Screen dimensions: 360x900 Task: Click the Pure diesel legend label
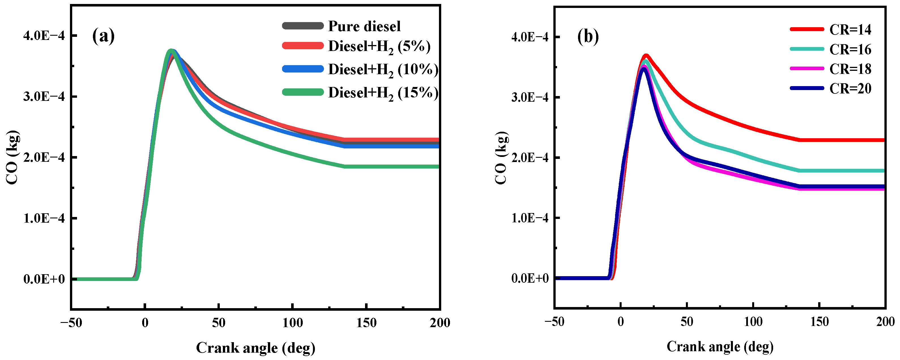click(364, 27)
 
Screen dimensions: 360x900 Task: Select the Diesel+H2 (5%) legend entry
click(379, 46)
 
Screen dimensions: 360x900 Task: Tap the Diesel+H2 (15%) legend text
click(383, 93)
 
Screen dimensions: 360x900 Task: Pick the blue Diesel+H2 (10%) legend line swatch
click(302, 69)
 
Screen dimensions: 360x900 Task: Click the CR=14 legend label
click(850, 30)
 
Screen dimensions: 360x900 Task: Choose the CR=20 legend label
click(850, 89)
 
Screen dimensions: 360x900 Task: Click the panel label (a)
click(103, 36)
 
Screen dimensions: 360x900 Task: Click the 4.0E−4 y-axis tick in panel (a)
click(44, 36)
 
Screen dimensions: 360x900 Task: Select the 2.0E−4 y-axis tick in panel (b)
click(530, 158)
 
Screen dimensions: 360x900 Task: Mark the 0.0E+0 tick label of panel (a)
click(44, 279)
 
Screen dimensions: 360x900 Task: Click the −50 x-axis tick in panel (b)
click(554, 322)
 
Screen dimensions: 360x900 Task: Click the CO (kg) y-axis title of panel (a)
click(12, 157)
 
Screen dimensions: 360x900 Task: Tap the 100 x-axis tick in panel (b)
click(753, 322)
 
